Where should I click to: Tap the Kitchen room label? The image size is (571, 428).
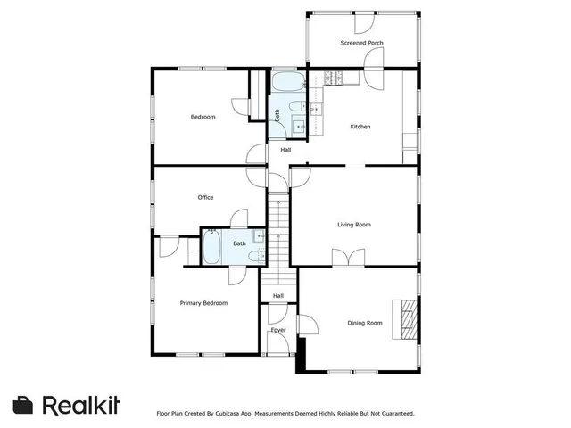360,127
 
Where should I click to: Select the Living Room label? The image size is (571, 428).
353,225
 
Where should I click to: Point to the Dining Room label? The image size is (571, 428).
364,323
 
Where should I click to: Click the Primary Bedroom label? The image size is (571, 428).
203,303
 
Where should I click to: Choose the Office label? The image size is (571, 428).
205,198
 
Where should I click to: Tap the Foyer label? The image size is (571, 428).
278,330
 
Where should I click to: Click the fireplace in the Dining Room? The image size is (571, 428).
409,318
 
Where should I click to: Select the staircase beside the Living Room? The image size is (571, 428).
279,229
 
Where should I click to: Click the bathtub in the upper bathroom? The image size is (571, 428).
288,85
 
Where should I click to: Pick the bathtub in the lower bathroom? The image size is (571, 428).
212,247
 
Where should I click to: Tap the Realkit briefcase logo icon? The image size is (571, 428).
24,404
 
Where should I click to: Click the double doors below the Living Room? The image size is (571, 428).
343,258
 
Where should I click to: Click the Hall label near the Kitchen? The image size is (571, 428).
285,150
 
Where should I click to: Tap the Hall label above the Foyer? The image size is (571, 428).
278,296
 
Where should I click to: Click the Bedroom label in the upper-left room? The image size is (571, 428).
203,117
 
